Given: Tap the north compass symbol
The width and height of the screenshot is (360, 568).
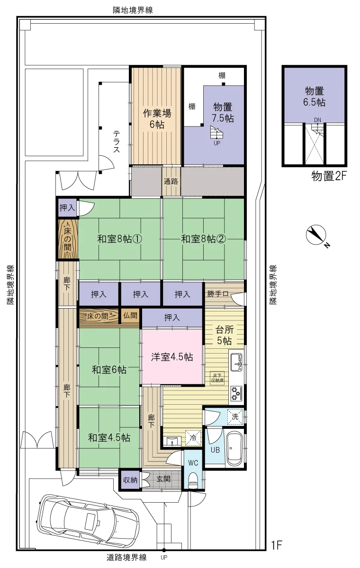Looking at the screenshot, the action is [x=316, y=235].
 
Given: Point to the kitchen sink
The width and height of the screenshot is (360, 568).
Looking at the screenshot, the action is [x=236, y=363].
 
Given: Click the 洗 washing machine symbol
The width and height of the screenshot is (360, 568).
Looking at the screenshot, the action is [x=235, y=417].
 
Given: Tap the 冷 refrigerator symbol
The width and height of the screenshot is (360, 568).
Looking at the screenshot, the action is [x=193, y=438].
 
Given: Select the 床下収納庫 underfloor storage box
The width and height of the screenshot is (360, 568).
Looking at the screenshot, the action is [x=217, y=378].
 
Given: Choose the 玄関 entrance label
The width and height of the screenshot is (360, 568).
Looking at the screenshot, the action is [x=163, y=479].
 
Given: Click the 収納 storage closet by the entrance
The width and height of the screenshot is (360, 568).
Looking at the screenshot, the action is [x=130, y=480].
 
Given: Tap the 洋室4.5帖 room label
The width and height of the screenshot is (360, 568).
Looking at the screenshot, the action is [x=172, y=357].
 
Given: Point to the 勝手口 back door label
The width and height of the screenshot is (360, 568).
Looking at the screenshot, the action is [x=218, y=293].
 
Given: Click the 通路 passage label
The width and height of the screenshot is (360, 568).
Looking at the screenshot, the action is [x=171, y=181].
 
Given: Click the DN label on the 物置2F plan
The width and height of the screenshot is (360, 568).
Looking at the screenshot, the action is [x=317, y=120].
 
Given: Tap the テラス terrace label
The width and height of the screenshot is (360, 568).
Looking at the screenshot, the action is [x=117, y=142].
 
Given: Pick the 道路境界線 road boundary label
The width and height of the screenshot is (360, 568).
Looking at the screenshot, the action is [x=126, y=558].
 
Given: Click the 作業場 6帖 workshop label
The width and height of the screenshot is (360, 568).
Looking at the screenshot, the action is [x=157, y=119].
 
